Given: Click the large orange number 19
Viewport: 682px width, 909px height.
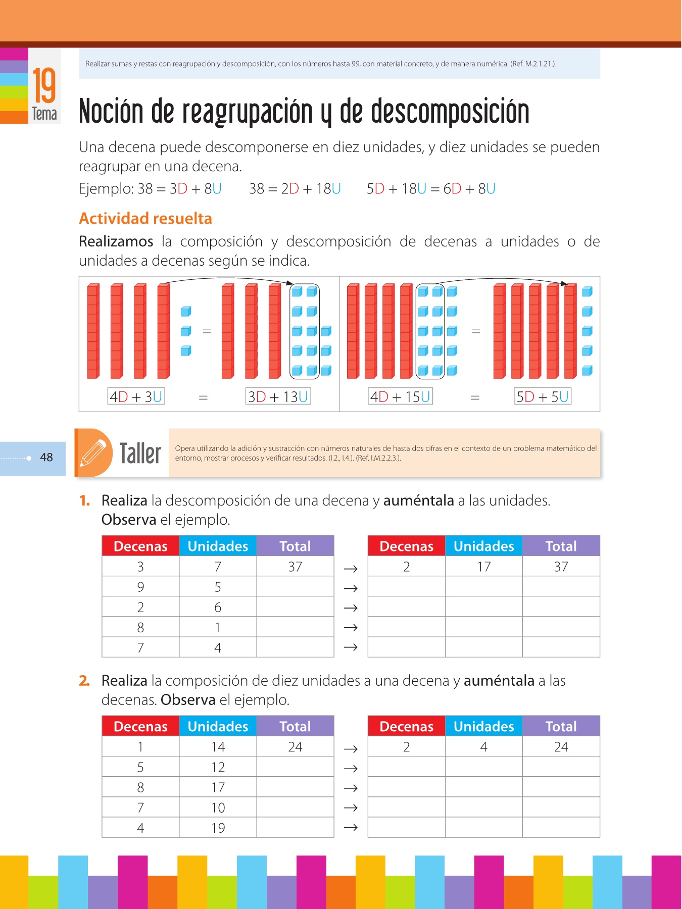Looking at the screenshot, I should pyautogui.click(x=44, y=85).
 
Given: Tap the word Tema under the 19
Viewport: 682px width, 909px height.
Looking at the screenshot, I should pyautogui.click(x=44, y=114).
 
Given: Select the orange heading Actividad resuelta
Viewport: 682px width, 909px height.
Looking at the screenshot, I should pyautogui.click(x=145, y=219).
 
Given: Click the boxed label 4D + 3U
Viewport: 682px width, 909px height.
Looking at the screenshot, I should pyautogui.click(x=136, y=396).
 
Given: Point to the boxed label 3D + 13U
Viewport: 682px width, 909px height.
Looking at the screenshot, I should pyautogui.click(x=278, y=396).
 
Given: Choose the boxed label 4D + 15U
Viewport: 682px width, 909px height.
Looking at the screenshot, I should pyautogui.click(x=400, y=396).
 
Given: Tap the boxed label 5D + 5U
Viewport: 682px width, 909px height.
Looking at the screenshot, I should pyautogui.click(x=542, y=396).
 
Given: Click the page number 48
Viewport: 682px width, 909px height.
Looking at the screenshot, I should pyautogui.click(x=46, y=458).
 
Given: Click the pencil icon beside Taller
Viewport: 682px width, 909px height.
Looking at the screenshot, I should pyautogui.click(x=93, y=452).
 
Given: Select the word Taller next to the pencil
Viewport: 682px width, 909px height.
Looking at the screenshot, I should pyautogui.click(x=140, y=453).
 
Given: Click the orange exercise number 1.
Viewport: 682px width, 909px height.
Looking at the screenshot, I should pyautogui.click(x=85, y=500).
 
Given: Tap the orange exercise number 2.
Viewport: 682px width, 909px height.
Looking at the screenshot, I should pyautogui.click(x=84, y=681).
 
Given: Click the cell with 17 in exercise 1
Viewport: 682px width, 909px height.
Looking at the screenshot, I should pyautogui.click(x=483, y=567).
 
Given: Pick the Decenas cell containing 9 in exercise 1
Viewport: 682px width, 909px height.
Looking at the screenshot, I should pyautogui.click(x=140, y=587).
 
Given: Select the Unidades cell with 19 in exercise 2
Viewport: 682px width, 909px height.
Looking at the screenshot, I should pyautogui.click(x=218, y=828).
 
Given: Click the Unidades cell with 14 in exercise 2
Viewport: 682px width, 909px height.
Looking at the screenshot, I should pyautogui.click(x=218, y=747).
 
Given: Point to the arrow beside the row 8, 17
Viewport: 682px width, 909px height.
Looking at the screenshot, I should pyautogui.click(x=351, y=788).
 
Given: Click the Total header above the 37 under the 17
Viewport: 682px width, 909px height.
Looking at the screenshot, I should pyautogui.click(x=561, y=546).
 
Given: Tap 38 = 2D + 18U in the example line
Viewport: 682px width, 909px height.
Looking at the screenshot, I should pyautogui.click(x=295, y=189).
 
